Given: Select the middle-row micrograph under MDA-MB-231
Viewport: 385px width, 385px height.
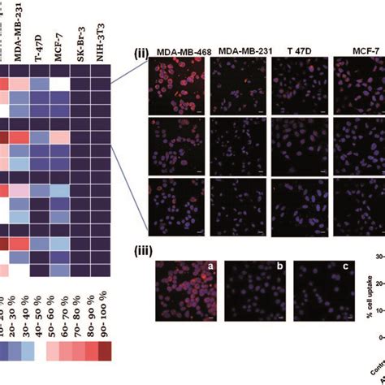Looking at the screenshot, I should [x=237, y=145].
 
